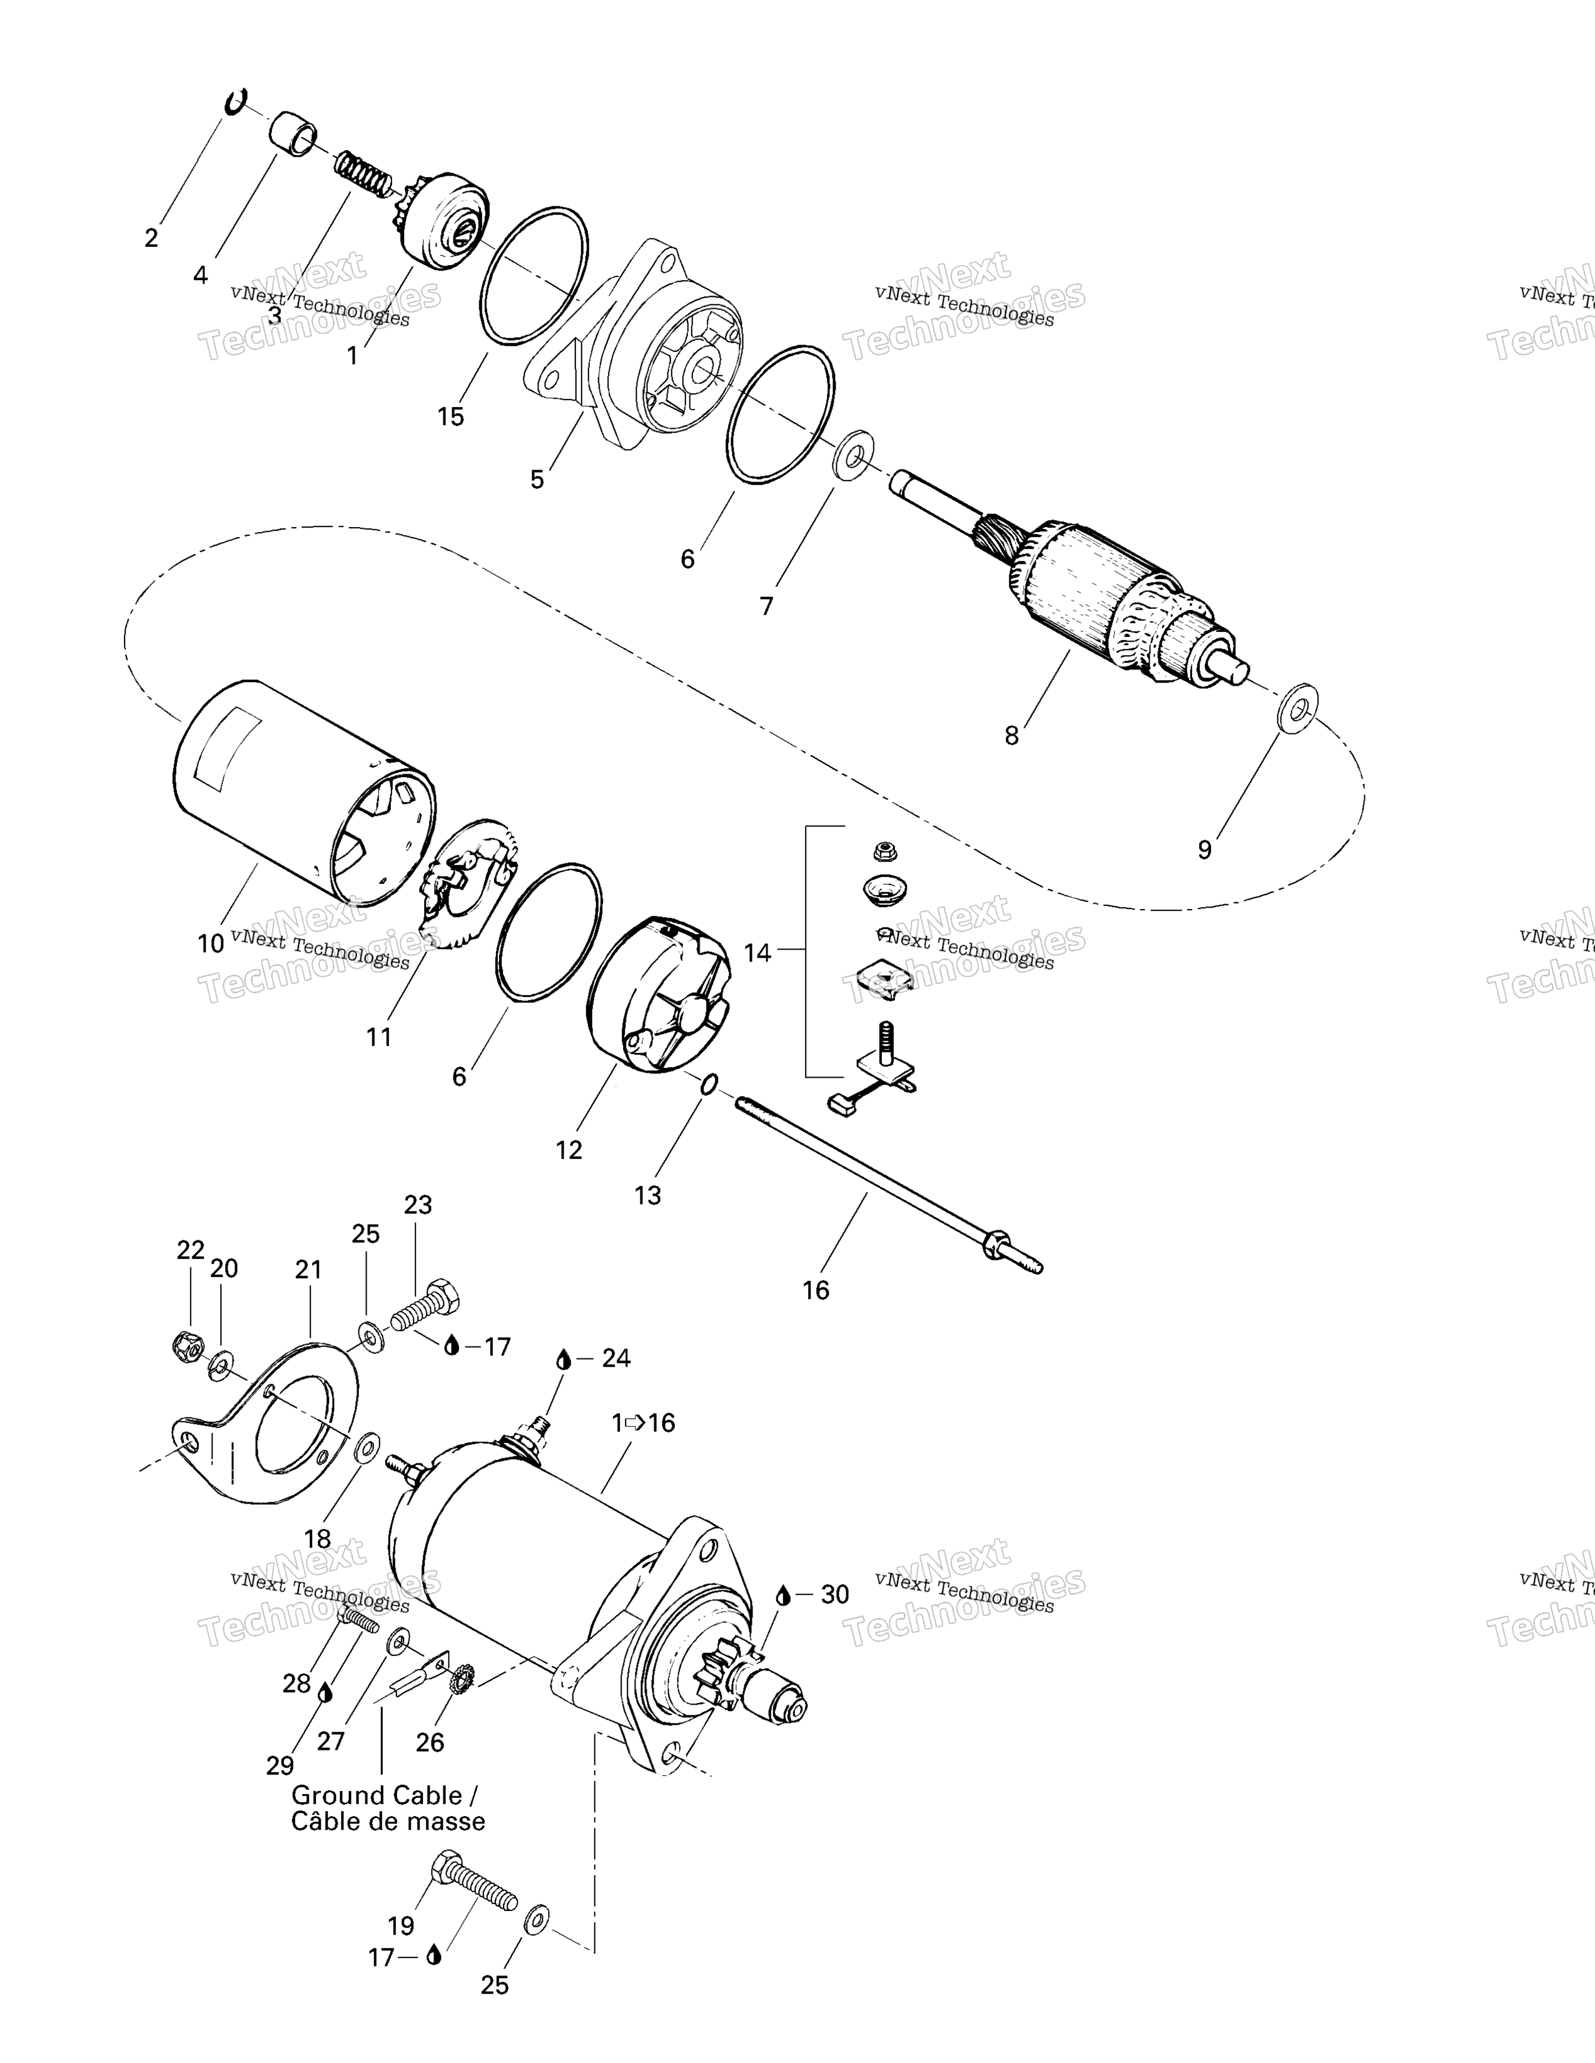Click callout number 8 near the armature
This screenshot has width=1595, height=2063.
(x=1011, y=736)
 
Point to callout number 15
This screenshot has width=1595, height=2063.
(x=451, y=416)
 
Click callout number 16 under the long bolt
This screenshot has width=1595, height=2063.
(x=816, y=1289)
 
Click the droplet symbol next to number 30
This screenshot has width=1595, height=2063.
(x=783, y=1595)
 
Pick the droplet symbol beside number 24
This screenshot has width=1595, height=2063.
(x=563, y=1358)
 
